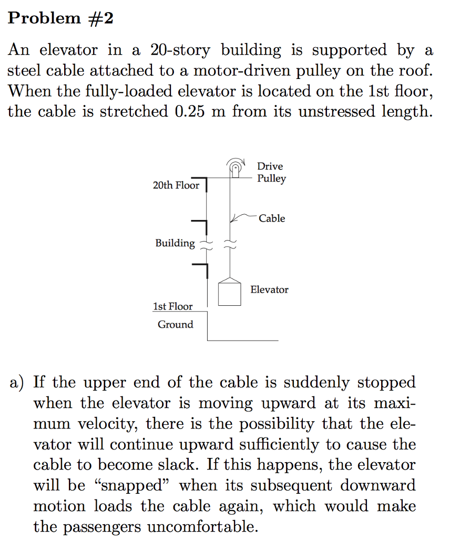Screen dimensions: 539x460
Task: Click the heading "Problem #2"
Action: tap(60, 18)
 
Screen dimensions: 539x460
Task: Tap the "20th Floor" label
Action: tap(176, 185)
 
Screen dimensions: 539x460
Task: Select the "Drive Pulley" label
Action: tap(271, 173)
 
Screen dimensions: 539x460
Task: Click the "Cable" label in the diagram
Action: tap(272, 218)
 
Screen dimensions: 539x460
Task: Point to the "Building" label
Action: tap(175, 243)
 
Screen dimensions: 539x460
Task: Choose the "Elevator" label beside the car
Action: tap(269, 290)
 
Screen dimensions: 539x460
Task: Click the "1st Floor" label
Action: tap(172, 306)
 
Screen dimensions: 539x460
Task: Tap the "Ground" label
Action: tap(175, 324)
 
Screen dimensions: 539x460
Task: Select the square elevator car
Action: tap(230, 293)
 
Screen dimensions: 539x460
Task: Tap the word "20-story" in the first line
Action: tap(180, 50)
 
